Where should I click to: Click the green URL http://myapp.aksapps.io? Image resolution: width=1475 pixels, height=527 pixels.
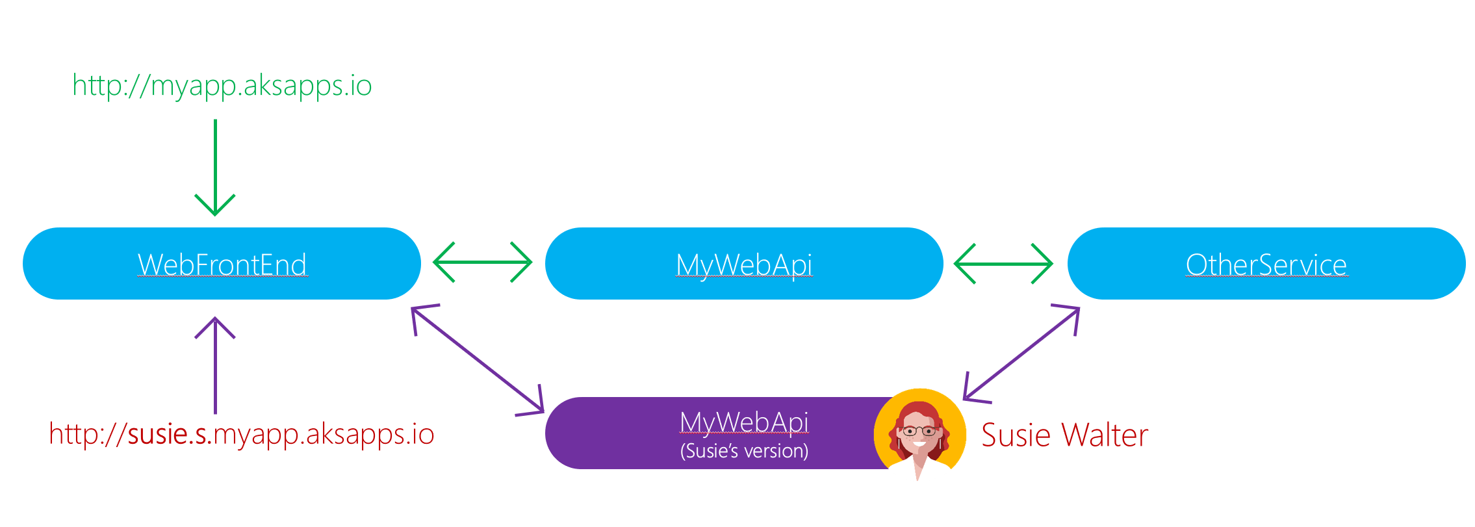pos(222,86)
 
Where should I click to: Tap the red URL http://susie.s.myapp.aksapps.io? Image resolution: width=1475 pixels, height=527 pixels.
pos(241,434)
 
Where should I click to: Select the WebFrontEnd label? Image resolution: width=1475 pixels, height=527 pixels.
pos(222,264)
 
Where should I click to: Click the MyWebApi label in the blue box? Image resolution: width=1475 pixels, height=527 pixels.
pos(744,264)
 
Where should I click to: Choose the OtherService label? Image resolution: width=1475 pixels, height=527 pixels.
pos(1266,264)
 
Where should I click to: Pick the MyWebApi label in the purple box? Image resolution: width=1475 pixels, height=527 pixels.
pos(744,422)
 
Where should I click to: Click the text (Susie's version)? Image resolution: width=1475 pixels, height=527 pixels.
pos(744,451)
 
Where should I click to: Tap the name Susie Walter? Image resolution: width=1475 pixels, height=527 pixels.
pos(1064,435)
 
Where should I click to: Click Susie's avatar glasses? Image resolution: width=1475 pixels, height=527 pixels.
pos(919,431)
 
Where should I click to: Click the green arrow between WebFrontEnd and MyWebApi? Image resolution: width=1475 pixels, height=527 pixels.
pos(482,262)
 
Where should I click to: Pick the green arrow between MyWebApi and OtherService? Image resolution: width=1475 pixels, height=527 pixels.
pos(1003,264)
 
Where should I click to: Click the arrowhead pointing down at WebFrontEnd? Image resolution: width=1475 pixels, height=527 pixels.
pos(215,207)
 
